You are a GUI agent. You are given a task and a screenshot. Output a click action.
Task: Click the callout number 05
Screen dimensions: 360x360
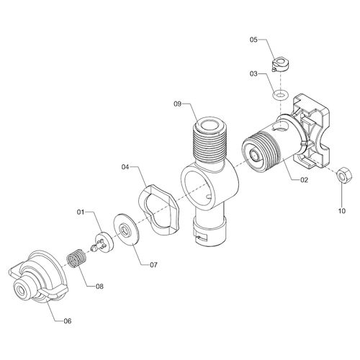[x=253, y=40]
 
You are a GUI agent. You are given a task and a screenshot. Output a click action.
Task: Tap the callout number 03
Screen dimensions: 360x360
[x=253, y=73]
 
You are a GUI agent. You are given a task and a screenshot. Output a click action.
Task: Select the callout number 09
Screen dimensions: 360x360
[x=178, y=104]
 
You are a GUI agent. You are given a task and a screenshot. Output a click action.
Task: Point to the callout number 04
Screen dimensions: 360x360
[x=125, y=167]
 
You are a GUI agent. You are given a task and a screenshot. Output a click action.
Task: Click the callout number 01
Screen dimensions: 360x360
[x=81, y=212]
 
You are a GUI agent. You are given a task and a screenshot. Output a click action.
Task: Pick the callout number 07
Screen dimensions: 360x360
[x=153, y=265]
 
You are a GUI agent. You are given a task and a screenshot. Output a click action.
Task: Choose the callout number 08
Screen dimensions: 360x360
[x=99, y=286]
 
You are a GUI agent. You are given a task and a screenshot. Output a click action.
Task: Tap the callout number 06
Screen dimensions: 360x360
[x=68, y=321]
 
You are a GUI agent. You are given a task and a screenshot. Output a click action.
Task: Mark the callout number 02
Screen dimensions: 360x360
[x=304, y=180]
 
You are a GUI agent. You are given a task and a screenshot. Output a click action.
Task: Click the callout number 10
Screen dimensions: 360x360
[x=342, y=211]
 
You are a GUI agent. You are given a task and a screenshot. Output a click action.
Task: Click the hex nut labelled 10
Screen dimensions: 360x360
[x=344, y=175]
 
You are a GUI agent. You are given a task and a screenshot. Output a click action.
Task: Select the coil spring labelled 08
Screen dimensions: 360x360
[x=76, y=258]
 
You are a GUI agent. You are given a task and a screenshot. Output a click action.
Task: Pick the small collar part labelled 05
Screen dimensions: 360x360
[x=281, y=65]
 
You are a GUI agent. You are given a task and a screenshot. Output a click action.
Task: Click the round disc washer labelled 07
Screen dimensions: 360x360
[x=127, y=230]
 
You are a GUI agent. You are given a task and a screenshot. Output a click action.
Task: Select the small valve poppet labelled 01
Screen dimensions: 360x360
[x=102, y=243]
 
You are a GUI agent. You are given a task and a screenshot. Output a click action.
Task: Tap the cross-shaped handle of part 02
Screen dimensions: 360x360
[x=311, y=132]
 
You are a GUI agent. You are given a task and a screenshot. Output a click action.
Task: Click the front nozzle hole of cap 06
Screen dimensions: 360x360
[x=21, y=291]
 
